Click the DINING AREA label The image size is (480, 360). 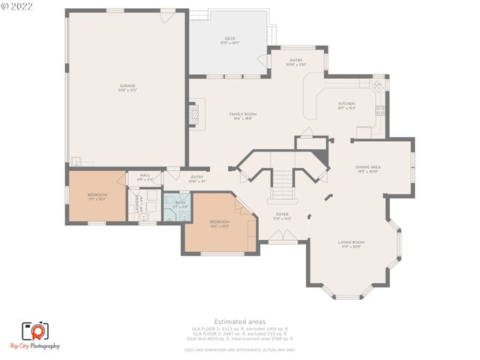[367, 169]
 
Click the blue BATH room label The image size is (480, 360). [180, 203]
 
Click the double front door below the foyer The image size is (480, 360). [282, 238]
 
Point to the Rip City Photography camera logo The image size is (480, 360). [34, 330]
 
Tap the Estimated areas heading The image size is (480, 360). [239, 321]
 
